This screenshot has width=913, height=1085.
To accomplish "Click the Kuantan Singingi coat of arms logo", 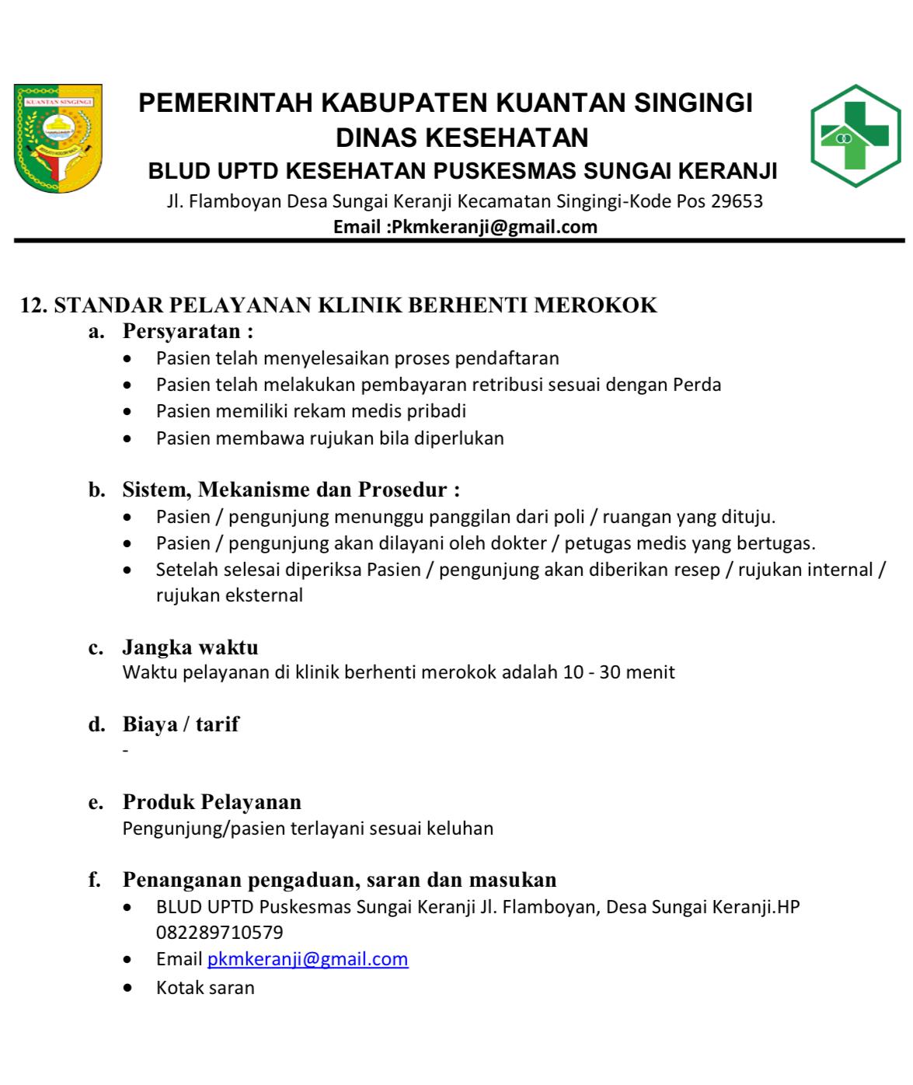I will coord(58,138).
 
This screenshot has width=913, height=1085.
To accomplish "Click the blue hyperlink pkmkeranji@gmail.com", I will coord(308,959).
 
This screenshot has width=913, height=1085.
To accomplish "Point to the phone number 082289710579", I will coord(220,933).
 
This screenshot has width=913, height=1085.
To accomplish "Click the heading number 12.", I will coord(34,305).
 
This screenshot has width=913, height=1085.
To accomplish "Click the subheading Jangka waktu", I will coord(190,647).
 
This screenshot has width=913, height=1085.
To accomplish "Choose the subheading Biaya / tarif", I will coord(181,724).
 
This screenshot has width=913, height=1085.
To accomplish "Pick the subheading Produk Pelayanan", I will coord(212,802).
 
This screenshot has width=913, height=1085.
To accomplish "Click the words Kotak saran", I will coord(205,988).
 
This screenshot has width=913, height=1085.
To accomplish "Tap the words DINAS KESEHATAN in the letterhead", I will coord(462,138).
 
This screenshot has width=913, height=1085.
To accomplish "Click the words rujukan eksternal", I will coord(229,596).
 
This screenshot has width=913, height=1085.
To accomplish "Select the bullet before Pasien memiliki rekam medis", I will coord(127,412).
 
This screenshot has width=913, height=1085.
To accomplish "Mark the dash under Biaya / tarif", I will coord(125,752).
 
